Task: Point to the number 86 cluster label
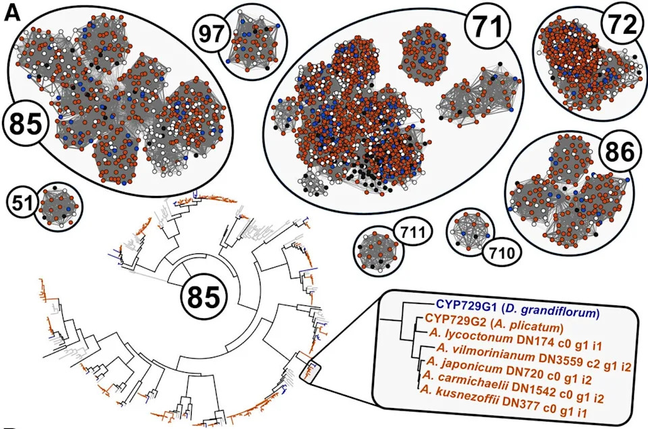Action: point(620,151)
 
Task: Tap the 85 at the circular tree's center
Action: point(204,297)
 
